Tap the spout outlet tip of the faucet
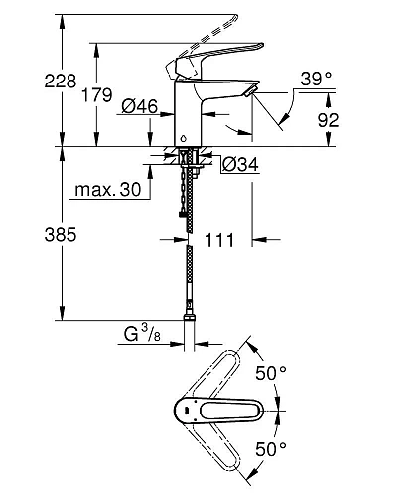[250, 92]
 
